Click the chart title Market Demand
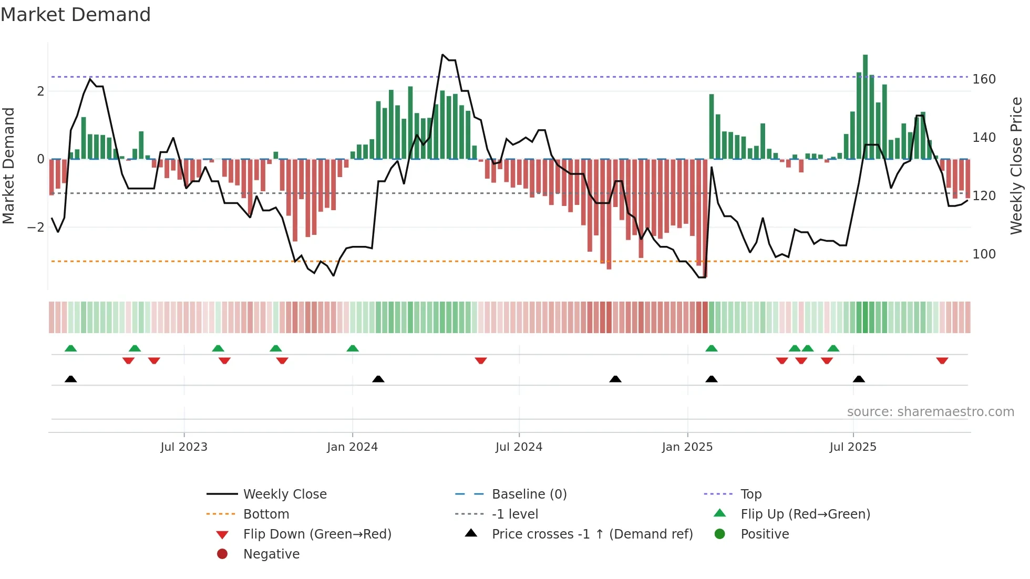76,15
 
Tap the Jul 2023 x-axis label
184,447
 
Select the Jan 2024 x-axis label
352,447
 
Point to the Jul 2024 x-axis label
519,447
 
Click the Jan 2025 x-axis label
687,447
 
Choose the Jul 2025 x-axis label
853,447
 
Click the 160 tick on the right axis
984,79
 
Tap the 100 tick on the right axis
984,254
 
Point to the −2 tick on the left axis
36,228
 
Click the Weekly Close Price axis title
1016,166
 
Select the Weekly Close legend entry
284,494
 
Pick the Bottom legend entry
266,514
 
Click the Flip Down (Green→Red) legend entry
317,534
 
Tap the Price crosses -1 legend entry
592,534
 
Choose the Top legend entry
751,494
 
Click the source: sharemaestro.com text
930,412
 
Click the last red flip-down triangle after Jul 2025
942,360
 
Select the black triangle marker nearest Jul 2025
859,379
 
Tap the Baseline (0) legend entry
529,494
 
